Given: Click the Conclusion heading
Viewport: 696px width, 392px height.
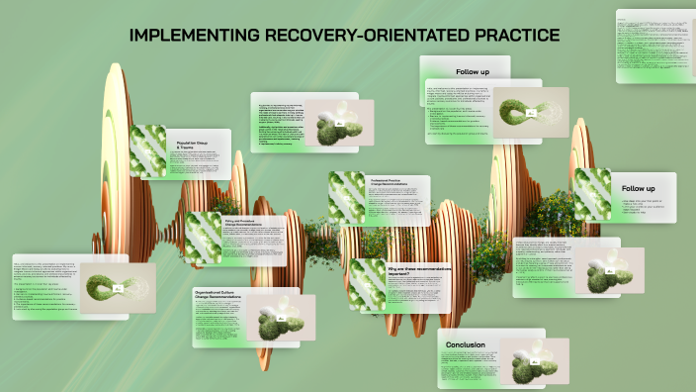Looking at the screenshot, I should [x=465, y=345].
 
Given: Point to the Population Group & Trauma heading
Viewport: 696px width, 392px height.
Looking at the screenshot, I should [x=193, y=145].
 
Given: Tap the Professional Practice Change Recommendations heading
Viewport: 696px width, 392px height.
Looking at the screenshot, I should [x=391, y=183].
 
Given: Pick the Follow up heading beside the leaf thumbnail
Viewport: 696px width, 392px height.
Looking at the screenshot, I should [x=638, y=188].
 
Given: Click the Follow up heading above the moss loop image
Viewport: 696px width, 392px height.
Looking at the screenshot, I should [x=472, y=72].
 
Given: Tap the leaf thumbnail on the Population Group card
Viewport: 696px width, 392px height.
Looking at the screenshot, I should [x=149, y=150].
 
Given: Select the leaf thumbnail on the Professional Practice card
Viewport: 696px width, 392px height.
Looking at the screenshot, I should [x=347, y=197].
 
